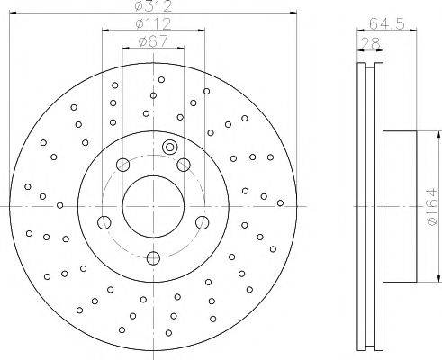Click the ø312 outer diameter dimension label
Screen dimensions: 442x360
153,6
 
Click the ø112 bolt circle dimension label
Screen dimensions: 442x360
153,24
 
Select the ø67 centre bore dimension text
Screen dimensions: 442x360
153,41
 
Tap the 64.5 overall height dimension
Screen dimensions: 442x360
387,23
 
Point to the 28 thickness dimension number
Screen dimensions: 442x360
371,43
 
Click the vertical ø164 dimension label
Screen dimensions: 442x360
432,207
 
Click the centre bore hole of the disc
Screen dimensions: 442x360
153,206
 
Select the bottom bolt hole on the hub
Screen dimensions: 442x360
153,258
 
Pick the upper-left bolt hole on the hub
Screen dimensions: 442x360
122,165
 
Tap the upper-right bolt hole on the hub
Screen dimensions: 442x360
184,165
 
